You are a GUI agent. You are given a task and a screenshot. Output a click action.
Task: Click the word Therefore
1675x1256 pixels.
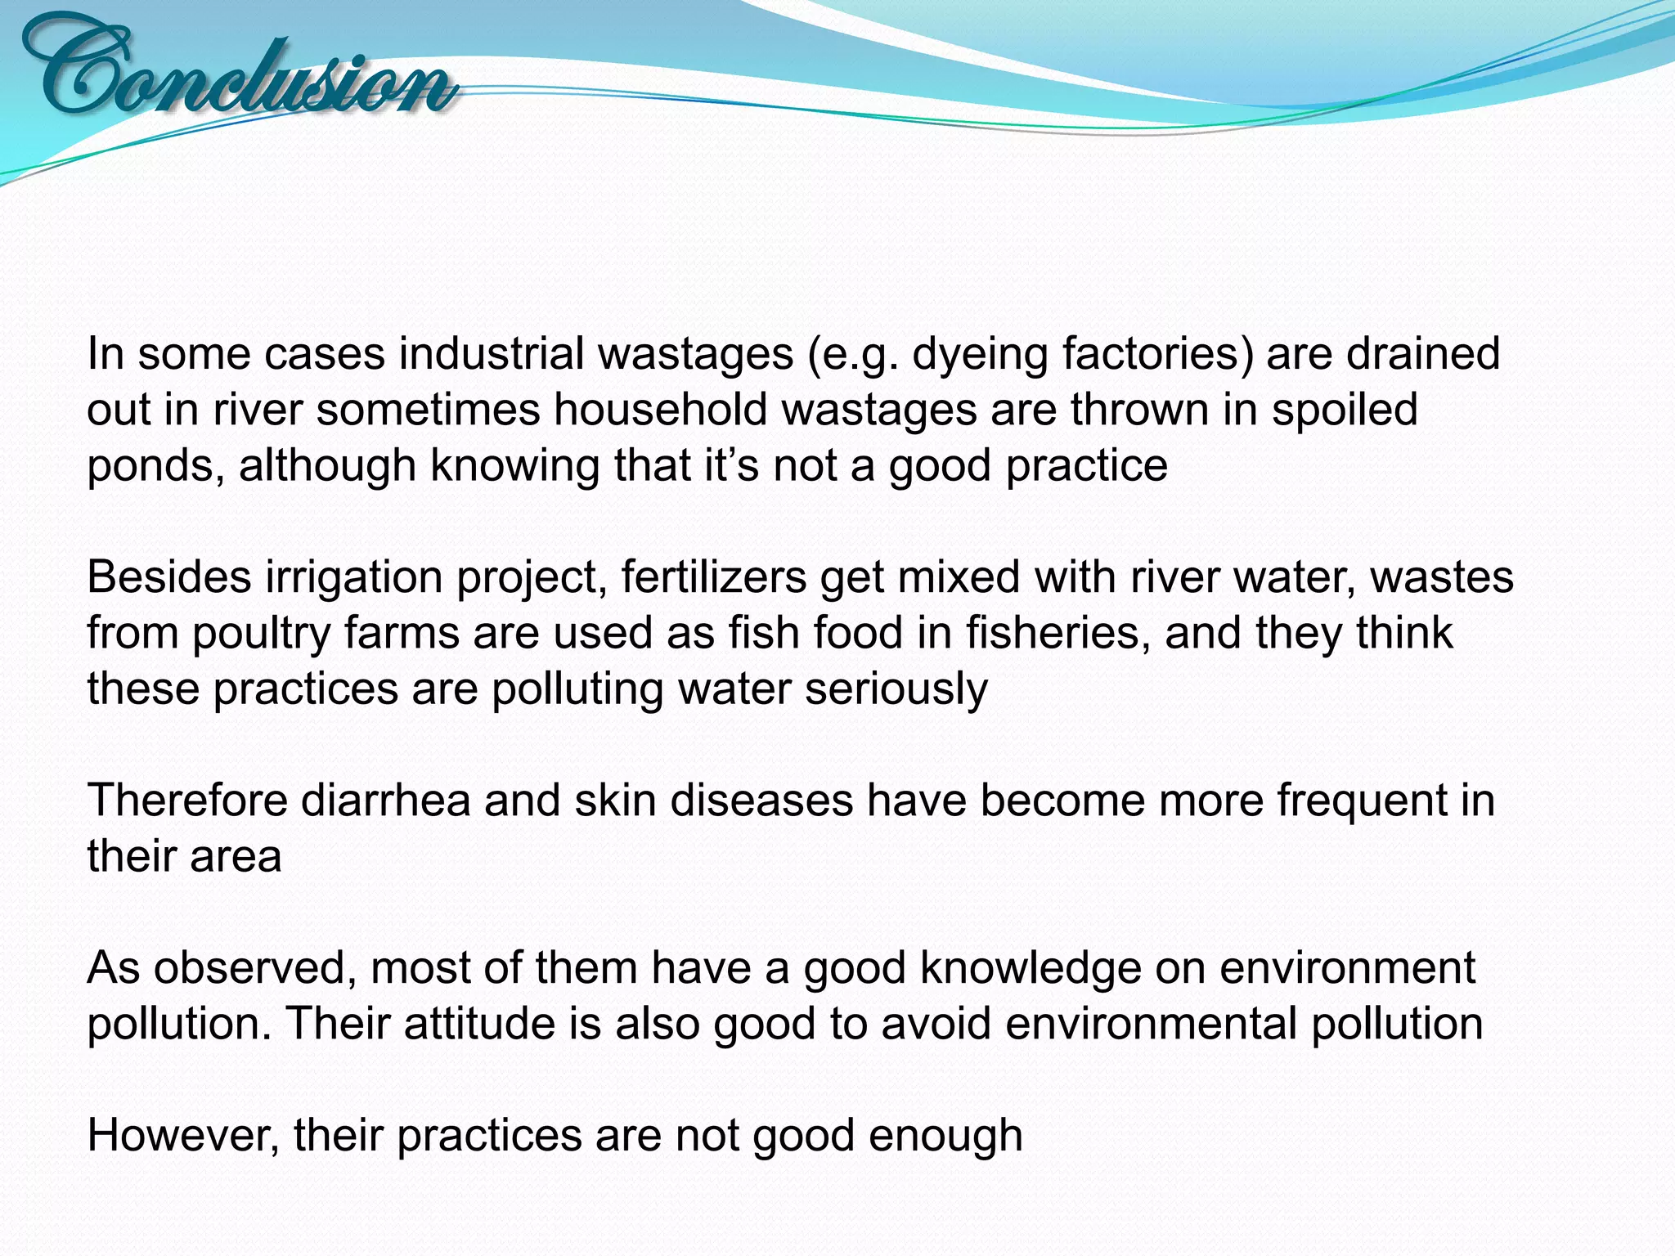coord(187,801)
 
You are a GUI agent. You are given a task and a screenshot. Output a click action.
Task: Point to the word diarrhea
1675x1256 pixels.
coord(385,801)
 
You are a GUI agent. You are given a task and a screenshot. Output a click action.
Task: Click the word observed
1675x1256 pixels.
coord(254,968)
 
